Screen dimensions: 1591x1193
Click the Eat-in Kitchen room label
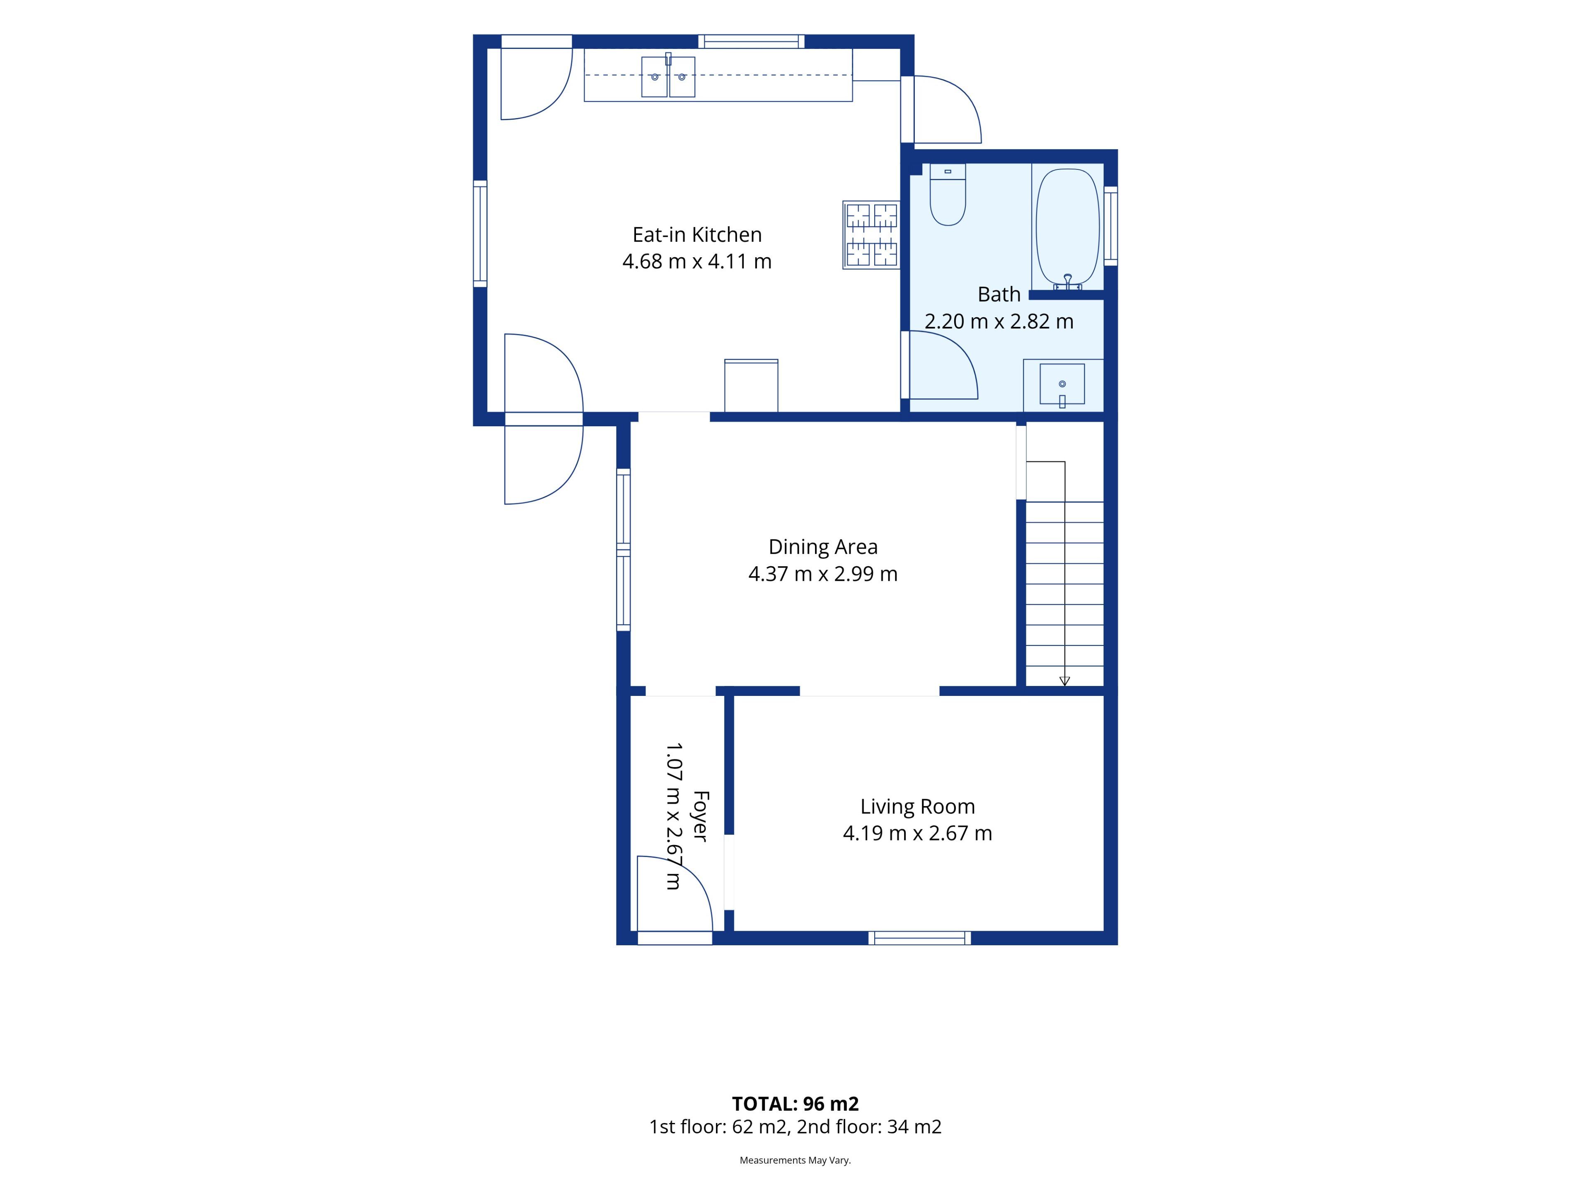697,234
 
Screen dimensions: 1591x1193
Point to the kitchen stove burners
871,235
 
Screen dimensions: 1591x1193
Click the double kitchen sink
668,76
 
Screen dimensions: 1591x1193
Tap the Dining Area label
823,547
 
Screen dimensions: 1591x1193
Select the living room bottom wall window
919,938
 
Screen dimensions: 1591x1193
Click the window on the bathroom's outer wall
1110,226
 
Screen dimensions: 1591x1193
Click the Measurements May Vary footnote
795,1160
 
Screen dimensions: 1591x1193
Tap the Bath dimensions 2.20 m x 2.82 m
999,321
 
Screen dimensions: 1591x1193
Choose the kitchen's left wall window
480,234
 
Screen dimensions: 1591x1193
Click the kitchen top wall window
752,41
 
